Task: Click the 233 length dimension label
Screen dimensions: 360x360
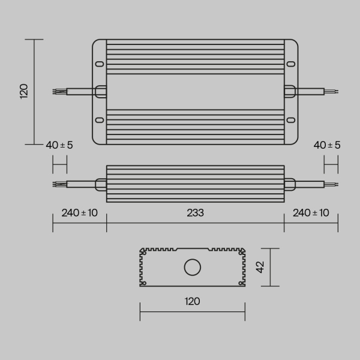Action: point(195,213)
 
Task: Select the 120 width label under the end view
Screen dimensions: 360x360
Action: point(192,301)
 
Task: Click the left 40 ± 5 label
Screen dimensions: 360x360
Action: point(59,145)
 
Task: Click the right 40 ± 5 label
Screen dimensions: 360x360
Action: point(326,145)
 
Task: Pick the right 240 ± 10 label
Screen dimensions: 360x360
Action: point(311,213)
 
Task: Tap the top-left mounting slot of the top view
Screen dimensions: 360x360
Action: point(99,63)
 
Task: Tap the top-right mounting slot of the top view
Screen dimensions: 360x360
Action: point(291,63)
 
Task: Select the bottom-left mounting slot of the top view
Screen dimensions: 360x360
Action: point(99,119)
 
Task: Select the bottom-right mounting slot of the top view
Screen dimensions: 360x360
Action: point(291,119)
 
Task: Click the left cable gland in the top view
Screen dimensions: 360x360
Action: point(101,91)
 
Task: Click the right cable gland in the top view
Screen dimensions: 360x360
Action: point(289,91)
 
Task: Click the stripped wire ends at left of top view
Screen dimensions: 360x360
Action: point(58,91)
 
